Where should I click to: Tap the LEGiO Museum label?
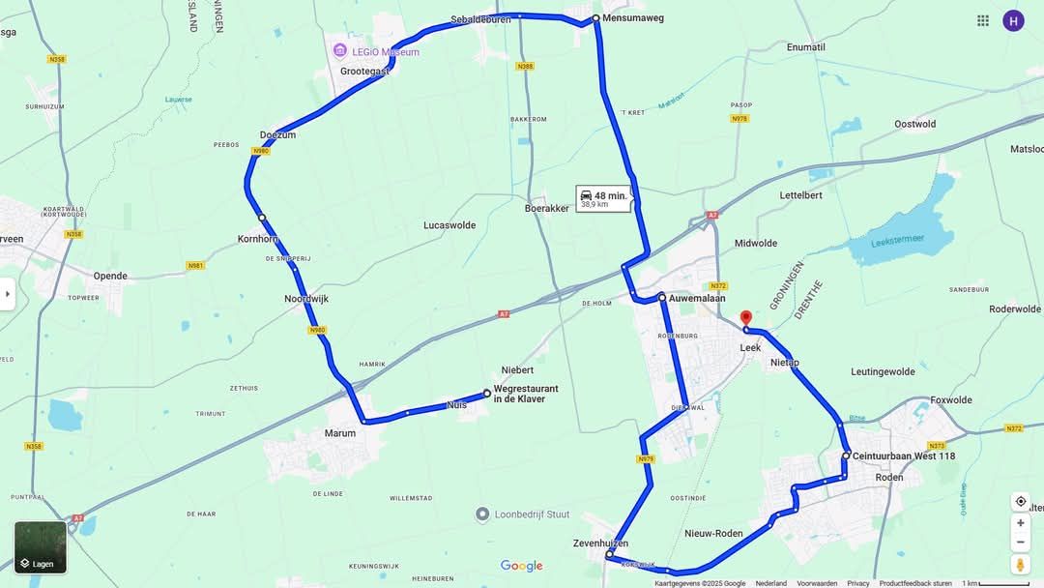(x=385, y=51)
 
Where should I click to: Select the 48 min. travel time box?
(x=603, y=198)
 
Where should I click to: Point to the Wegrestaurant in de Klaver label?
(x=526, y=394)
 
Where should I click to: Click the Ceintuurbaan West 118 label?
(x=904, y=456)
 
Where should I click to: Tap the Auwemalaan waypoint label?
(x=696, y=298)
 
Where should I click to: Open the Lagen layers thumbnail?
(x=41, y=547)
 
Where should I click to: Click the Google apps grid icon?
(x=983, y=20)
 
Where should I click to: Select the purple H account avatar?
(x=1013, y=20)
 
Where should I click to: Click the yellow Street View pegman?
(x=1020, y=564)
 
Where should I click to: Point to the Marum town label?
(x=339, y=433)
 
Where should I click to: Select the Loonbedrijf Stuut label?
(x=535, y=514)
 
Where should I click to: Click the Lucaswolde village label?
(x=449, y=225)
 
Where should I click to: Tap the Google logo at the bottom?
(x=521, y=566)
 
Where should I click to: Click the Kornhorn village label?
(x=258, y=239)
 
